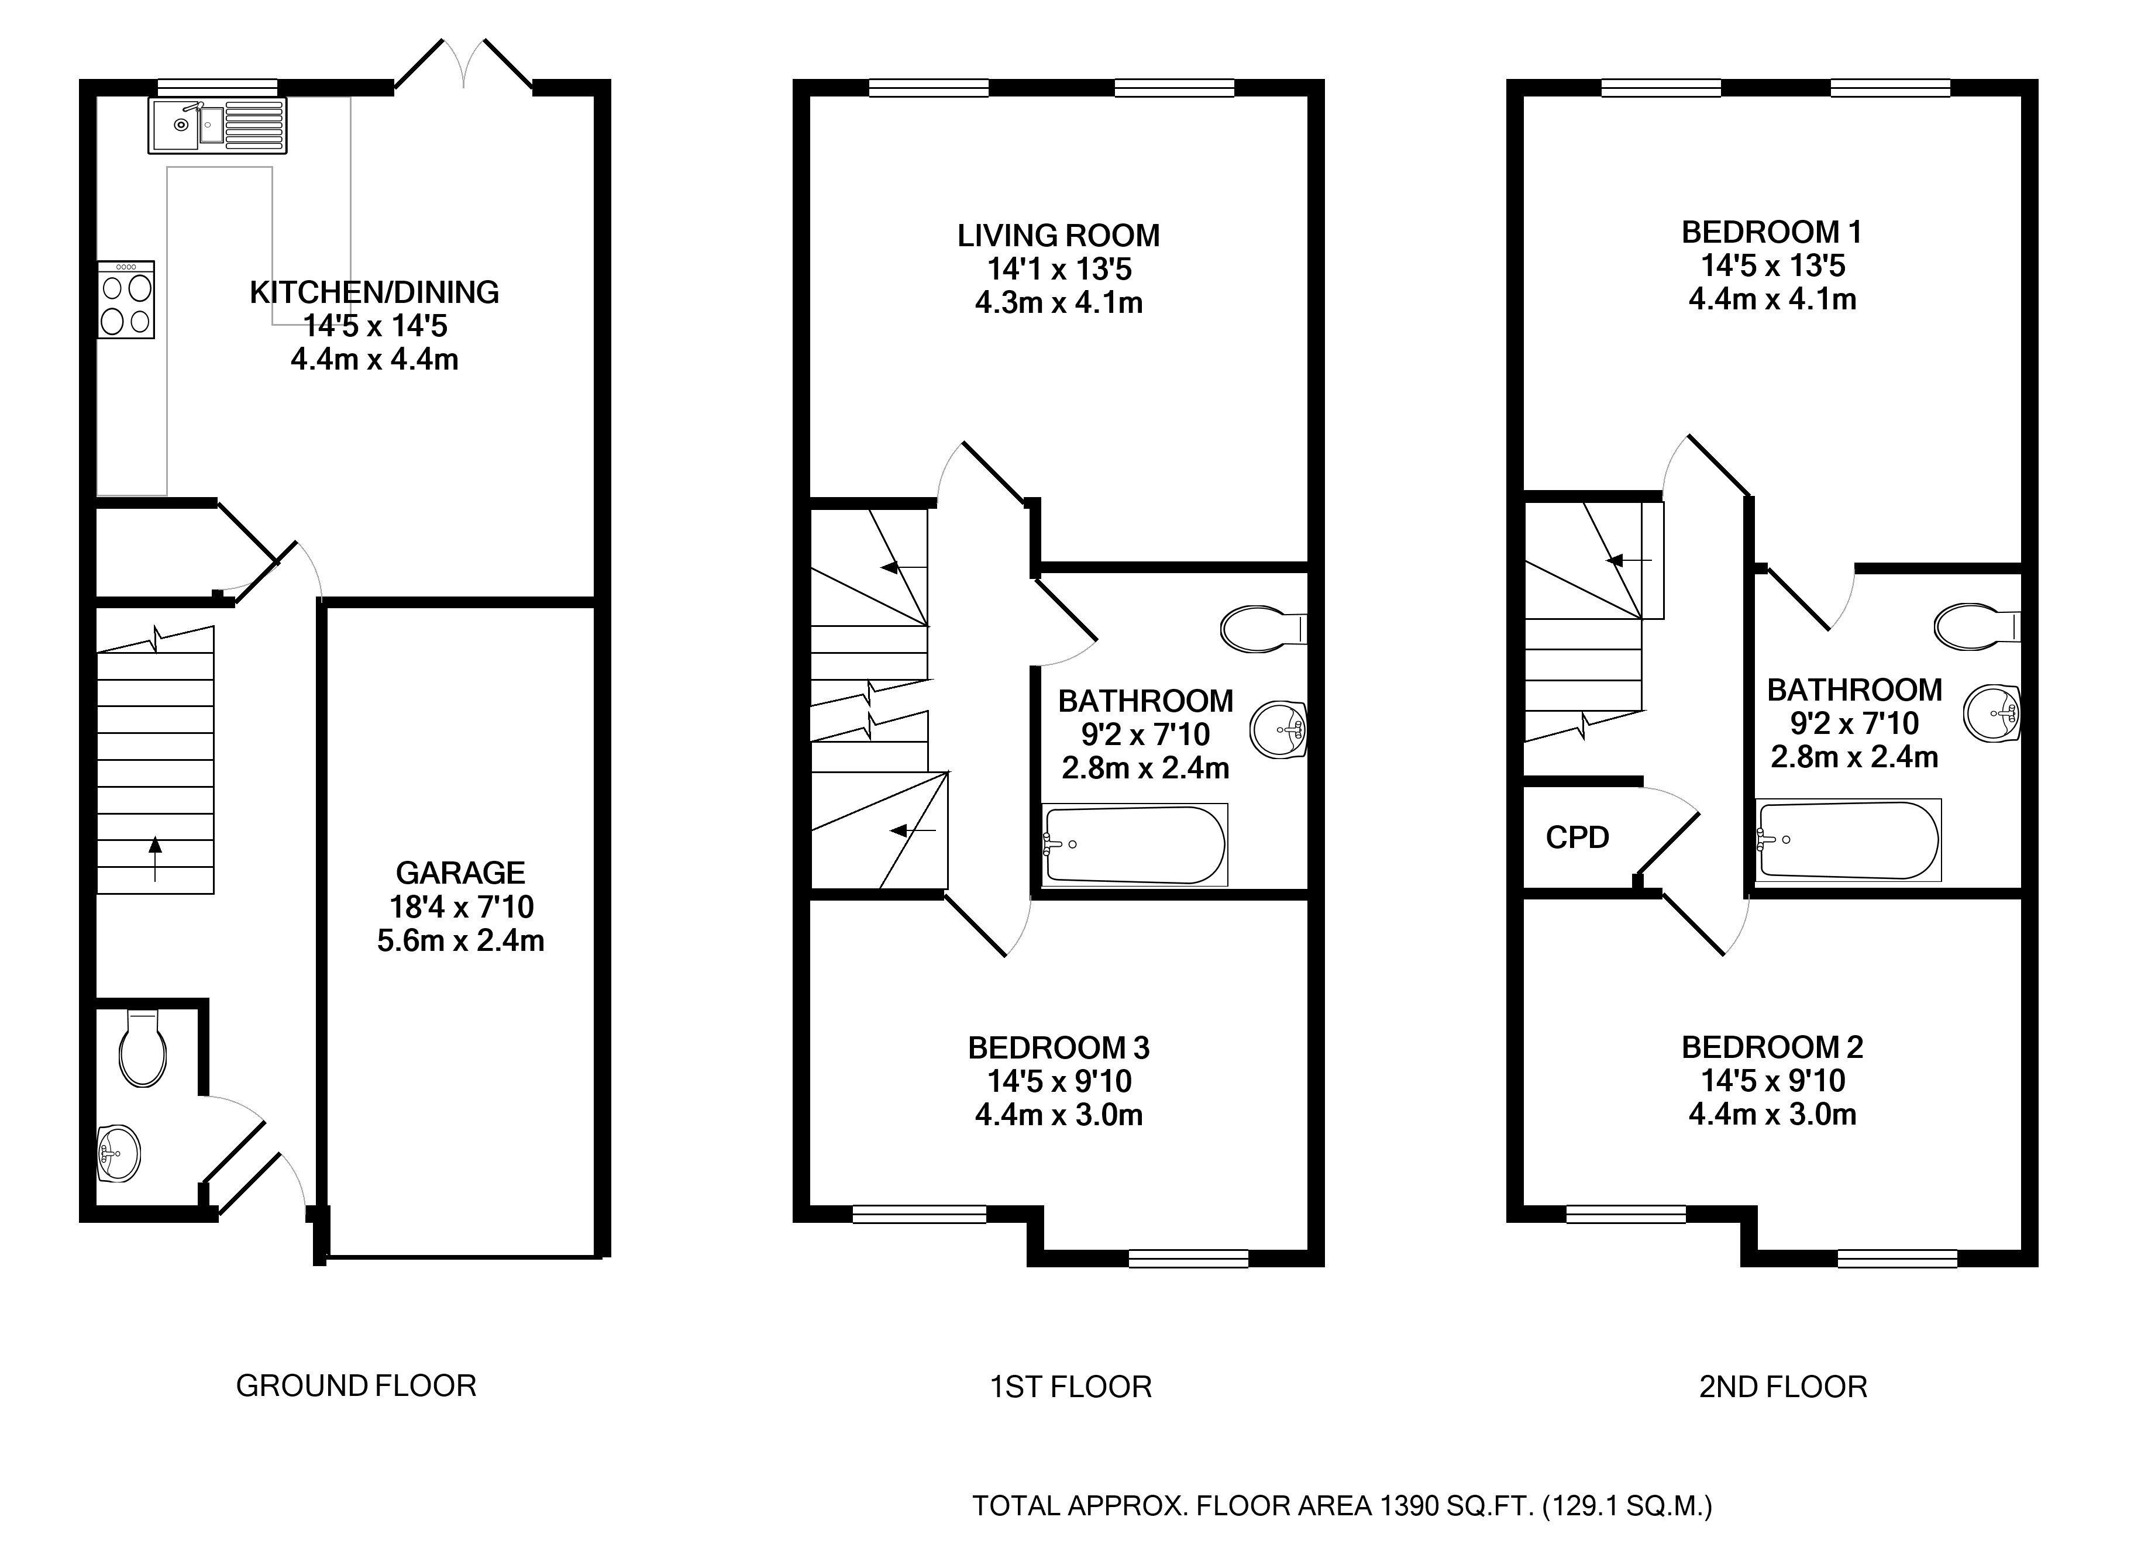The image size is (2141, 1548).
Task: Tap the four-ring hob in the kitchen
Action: point(126,300)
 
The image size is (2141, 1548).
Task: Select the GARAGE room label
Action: point(461,872)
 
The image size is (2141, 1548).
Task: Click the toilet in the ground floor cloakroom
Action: point(143,1050)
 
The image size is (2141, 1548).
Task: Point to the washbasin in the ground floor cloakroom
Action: point(119,1153)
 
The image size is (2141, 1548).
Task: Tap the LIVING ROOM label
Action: point(1058,235)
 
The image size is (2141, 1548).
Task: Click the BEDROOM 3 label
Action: point(1058,1048)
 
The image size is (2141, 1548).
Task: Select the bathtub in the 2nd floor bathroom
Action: point(1849,840)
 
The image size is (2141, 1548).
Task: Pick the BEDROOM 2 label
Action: point(1772,1047)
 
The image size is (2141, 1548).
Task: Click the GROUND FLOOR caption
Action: point(356,1385)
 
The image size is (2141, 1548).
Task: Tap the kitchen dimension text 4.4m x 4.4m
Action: point(375,360)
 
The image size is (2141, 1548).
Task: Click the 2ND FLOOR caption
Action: point(1783,1387)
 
